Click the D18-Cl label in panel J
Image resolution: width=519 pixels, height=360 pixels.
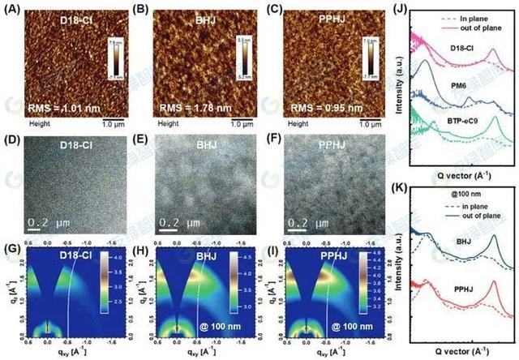[466, 48]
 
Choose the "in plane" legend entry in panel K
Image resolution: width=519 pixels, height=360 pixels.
[465, 204]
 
